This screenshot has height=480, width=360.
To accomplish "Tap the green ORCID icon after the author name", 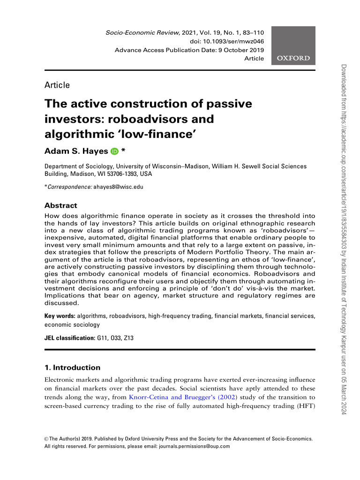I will pyautogui.click(x=114, y=151).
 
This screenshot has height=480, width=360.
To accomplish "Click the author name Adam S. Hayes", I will pyautogui.click(x=76, y=151).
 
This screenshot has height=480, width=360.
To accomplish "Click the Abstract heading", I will pyautogui.click(x=60, y=206).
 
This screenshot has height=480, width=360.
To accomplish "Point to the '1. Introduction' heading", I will pyautogui.click(x=72, y=367).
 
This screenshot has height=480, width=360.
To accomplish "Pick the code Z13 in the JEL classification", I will pyautogui.click(x=128, y=337).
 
